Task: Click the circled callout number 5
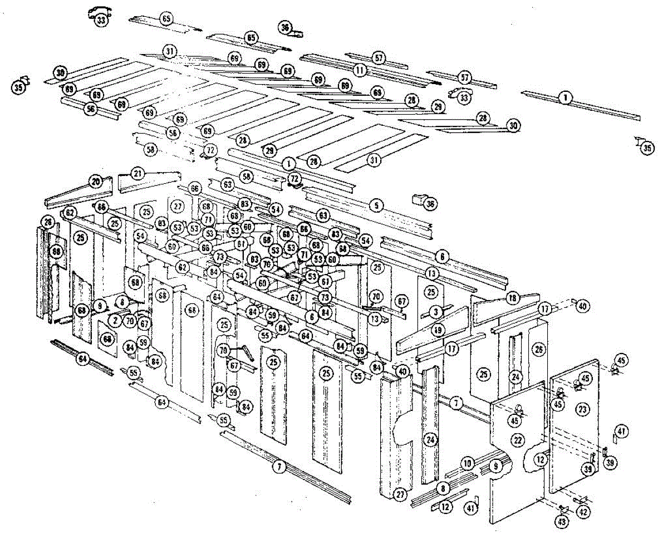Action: click(x=376, y=205)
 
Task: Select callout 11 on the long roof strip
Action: click(x=360, y=71)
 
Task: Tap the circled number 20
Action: click(x=95, y=182)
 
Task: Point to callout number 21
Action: click(x=138, y=173)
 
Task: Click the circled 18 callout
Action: click(x=512, y=298)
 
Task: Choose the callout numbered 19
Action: click(x=438, y=330)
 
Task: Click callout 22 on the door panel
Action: click(x=518, y=440)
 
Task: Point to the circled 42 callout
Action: click(x=583, y=511)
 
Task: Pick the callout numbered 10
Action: click(x=467, y=463)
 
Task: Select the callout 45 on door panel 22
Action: click(x=515, y=421)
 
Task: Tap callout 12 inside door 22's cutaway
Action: click(x=539, y=460)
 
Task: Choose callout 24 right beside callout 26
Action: click(x=516, y=377)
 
